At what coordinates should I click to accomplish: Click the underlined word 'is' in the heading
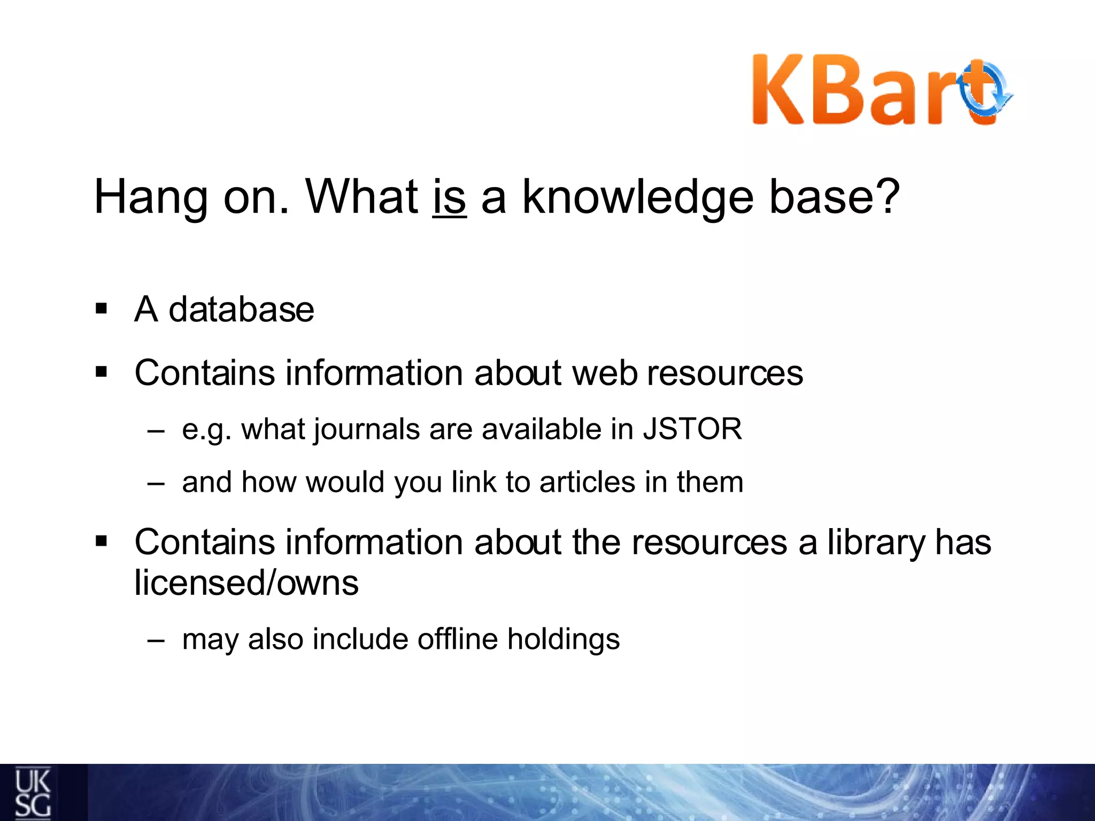(449, 198)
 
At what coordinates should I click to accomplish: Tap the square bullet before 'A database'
(101, 309)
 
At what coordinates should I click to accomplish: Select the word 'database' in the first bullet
(241, 309)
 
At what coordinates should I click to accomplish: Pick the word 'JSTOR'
(692, 429)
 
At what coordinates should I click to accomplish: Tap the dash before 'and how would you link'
(156, 483)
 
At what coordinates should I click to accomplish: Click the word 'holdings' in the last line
(563, 640)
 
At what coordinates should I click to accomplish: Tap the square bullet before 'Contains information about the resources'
(101, 542)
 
